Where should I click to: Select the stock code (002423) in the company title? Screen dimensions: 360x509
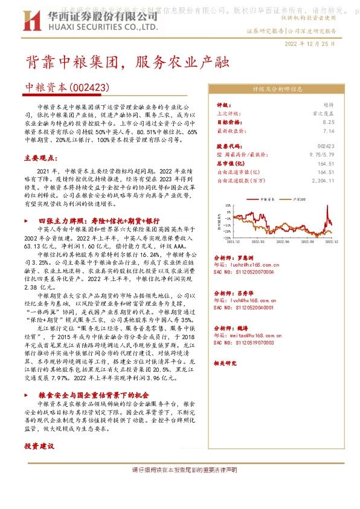89,88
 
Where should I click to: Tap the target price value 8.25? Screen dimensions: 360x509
329,122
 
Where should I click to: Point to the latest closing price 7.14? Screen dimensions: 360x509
329,130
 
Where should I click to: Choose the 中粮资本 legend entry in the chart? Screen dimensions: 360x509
266,198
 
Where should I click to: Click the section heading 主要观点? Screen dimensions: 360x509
40,157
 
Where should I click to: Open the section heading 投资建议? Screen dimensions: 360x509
40,446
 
